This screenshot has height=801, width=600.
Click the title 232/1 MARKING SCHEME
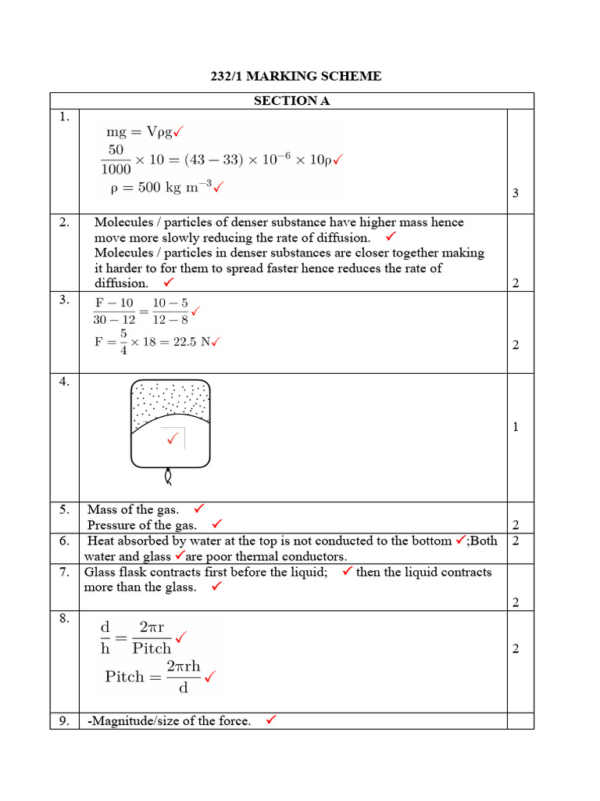(296, 76)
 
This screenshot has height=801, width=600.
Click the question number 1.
(64, 117)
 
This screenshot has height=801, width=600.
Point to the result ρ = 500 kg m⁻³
(160, 188)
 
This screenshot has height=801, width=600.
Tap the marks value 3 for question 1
(515, 193)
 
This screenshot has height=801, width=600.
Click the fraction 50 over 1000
(116, 160)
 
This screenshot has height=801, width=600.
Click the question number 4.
(64, 382)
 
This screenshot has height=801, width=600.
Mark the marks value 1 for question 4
(515, 427)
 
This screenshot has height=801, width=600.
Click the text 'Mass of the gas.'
(133, 510)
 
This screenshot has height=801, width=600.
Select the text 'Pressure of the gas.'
(141, 525)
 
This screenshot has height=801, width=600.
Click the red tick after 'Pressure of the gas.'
(217, 523)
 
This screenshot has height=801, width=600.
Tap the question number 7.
(64, 572)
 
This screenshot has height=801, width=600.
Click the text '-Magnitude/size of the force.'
(168, 721)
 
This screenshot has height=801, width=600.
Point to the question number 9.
(64, 721)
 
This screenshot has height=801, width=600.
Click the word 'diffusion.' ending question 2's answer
(121, 283)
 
